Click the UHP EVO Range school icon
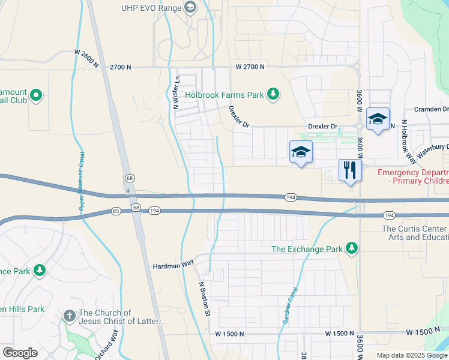pyautogui.click(x=191, y=7)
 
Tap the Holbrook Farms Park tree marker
pyautogui.click(x=273, y=94)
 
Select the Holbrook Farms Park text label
pyautogui.click(x=224, y=95)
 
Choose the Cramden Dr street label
pyautogui.click(x=432, y=109)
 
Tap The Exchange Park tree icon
pyautogui.click(x=351, y=248)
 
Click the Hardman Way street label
pyautogui.click(x=173, y=265)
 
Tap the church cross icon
pyautogui.click(x=70, y=316)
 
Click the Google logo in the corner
pyautogui.click(x=20, y=353)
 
